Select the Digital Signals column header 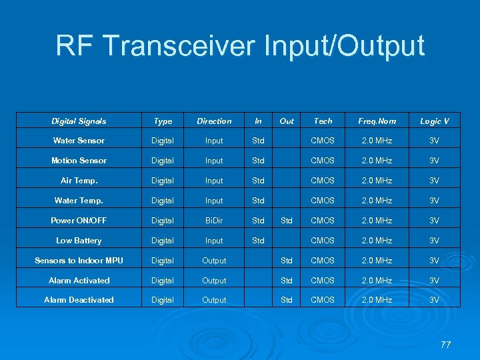click(x=79, y=121)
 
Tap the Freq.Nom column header click(x=377, y=121)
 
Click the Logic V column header click(x=434, y=121)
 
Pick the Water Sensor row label click(x=79, y=141)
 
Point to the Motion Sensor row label click(x=79, y=161)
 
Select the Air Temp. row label click(x=79, y=181)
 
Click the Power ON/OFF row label click(x=79, y=221)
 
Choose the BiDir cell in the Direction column click(x=214, y=221)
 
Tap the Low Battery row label click(x=79, y=241)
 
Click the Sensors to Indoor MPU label click(x=79, y=261)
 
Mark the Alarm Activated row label click(x=79, y=281)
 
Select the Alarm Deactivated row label click(x=79, y=300)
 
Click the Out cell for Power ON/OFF click(x=287, y=221)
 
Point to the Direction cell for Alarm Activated click(x=214, y=281)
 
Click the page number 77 click(x=445, y=345)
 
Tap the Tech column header click(x=323, y=121)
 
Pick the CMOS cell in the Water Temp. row click(x=323, y=201)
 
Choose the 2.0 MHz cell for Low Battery click(x=377, y=241)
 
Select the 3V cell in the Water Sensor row click(x=434, y=141)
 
